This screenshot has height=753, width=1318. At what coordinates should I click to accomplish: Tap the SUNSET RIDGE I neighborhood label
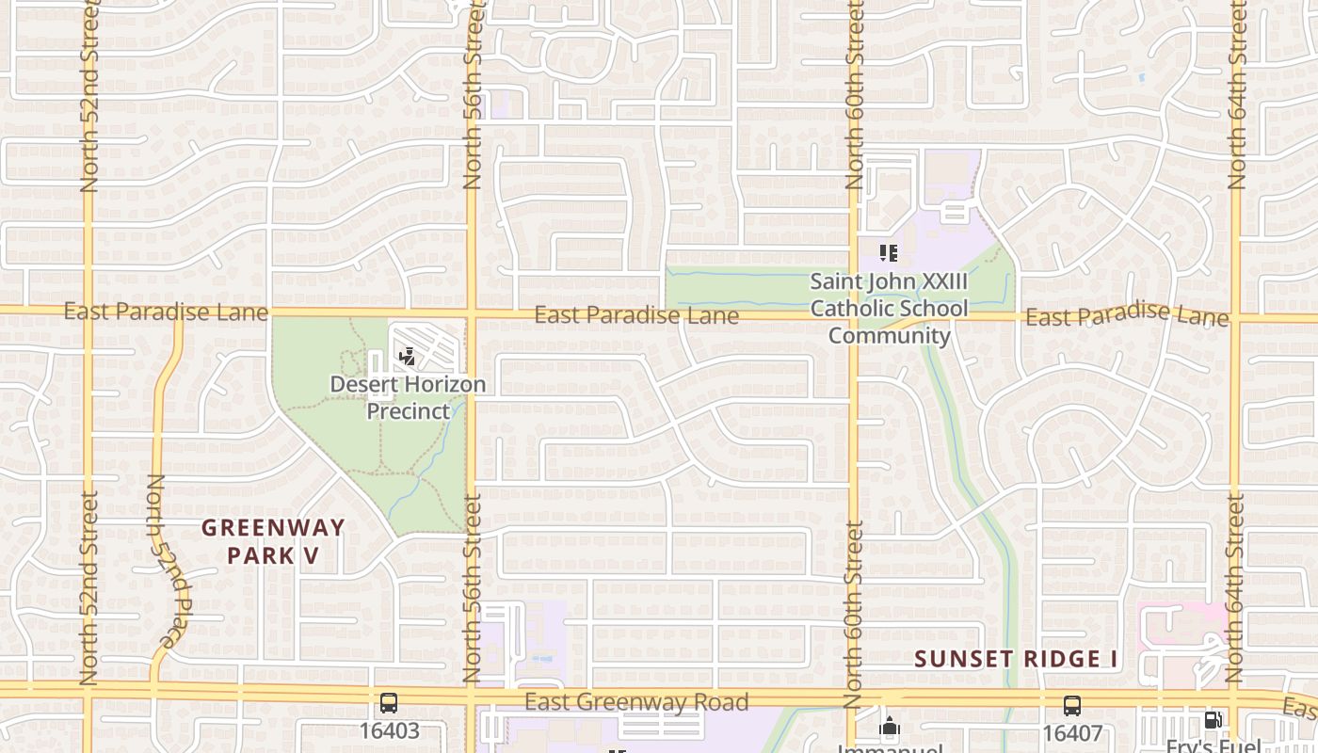tap(1017, 659)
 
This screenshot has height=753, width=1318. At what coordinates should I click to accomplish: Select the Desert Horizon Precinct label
tap(409, 397)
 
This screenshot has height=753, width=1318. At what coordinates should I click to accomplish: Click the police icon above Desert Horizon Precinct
tap(408, 357)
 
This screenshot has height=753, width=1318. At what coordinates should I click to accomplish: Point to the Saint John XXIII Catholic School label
tap(889, 308)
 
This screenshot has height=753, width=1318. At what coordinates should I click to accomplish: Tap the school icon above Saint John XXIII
tap(888, 252)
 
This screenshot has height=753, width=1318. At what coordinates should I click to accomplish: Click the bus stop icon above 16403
tap(388, 703)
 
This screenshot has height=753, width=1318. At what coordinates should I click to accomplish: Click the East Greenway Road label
tap(636, 702)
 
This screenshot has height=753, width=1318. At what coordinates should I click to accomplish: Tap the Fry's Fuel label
tap(1213, 745)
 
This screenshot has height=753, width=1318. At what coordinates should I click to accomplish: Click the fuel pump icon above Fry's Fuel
tap(1213, 721)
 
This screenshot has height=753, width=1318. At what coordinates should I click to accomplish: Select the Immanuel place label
tap(890, 748)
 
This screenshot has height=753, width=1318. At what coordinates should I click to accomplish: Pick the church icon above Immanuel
tap(890, 727)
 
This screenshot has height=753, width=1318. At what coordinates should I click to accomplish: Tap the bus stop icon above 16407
tap(1071, 705)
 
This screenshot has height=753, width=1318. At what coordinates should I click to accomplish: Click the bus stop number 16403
tap(388, 730)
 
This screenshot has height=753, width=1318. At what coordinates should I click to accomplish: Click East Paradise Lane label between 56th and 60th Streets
tap(636, 315)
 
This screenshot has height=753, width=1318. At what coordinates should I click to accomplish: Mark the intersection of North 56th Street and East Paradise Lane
tap(472, 312)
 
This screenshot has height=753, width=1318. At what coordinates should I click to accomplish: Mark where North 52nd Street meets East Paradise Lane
tap(88, 309)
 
